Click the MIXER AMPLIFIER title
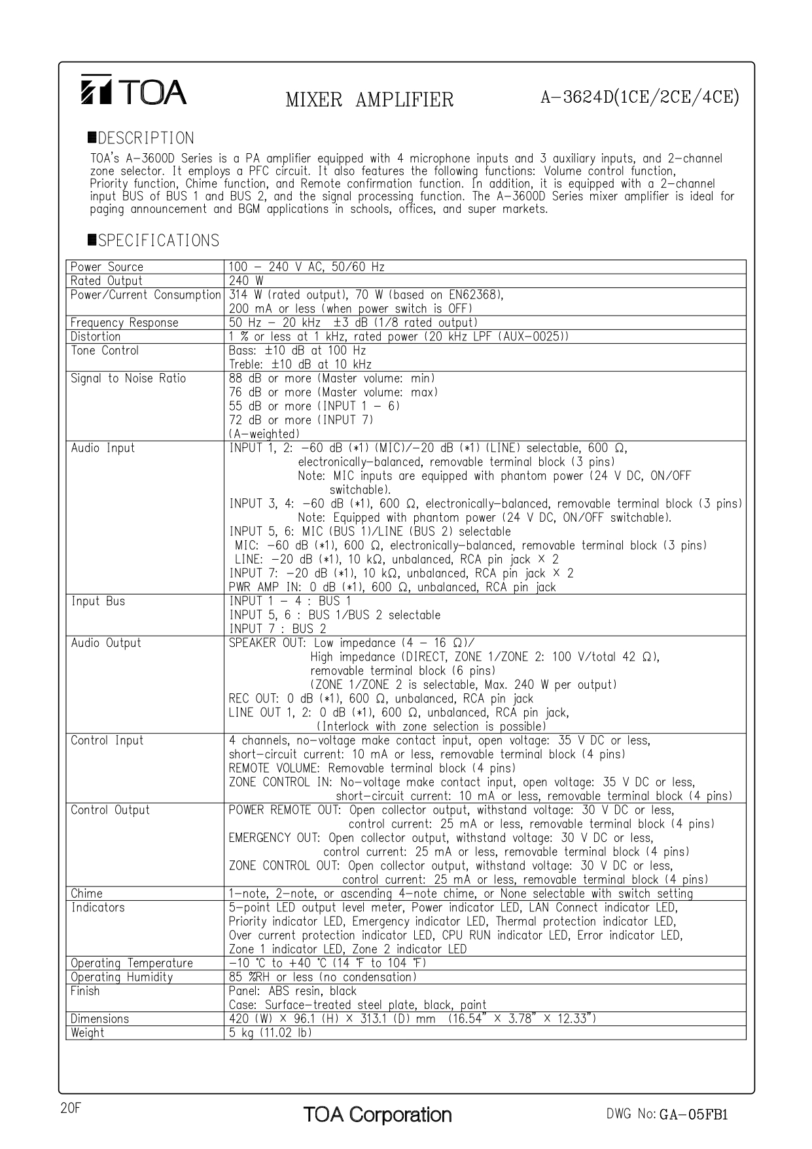369,100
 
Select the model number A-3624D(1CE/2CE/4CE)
639,98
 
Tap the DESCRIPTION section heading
141,138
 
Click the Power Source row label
107,267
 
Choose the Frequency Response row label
124,323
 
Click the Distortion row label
96,337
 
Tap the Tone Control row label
105,351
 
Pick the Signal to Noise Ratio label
128,378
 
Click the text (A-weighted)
264,434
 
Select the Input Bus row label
97,602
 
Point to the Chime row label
86,894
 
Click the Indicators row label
97,908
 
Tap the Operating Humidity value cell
323,977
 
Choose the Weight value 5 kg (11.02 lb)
270,1033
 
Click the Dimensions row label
99,1019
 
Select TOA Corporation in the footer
377,1115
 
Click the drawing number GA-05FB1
694,1115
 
